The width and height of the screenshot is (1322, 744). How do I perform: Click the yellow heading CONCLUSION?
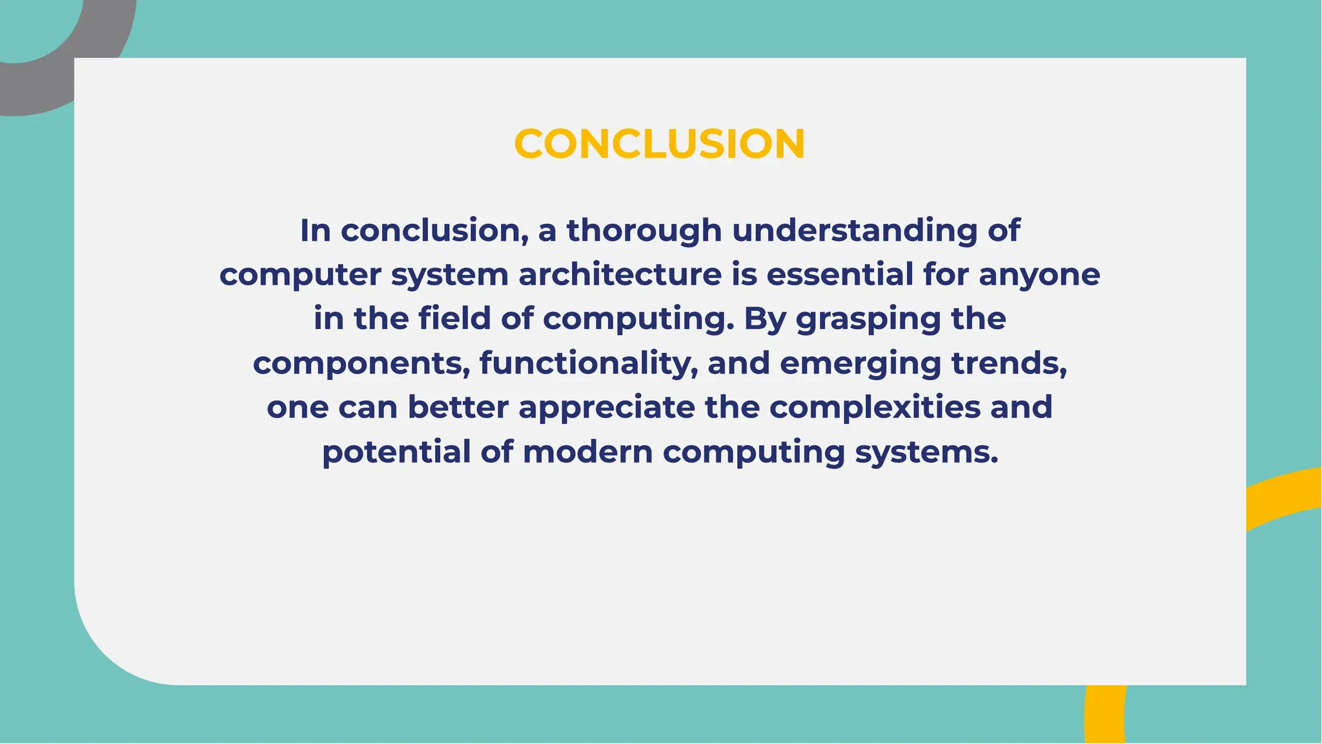tap(659, 143)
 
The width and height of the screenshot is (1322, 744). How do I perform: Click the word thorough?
tap(644, 230)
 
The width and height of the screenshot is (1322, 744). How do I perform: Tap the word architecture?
tap(620, 274)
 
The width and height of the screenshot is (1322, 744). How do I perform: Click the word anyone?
tap(1039, 274)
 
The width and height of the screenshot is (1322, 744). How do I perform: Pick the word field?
tap(454, 319)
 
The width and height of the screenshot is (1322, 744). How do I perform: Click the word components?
tap(361, 363)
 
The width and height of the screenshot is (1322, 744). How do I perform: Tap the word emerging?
tap(860, 363)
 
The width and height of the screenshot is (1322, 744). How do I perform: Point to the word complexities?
tap(875, 407)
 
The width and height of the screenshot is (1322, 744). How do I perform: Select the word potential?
tap(396, 451)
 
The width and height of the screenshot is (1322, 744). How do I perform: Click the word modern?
tap(587, 451)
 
